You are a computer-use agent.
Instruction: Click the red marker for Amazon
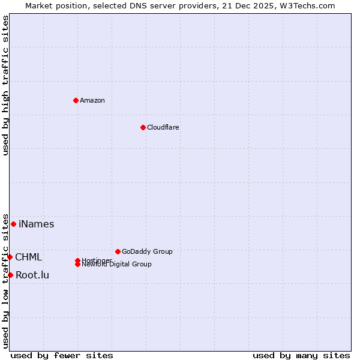pos(76,100)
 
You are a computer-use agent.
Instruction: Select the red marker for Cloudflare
pos(143,127)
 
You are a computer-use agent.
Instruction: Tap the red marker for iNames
pos(13,224)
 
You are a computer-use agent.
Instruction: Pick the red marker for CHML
pos(10,257)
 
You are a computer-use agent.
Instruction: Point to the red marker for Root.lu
pos(10,275)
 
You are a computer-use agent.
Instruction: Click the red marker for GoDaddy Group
pos(118,251)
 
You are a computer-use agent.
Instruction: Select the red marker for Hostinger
pos(77,260)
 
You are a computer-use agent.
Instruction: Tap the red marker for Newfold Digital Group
pos(77,264)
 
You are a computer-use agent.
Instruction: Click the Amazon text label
pos(92,100)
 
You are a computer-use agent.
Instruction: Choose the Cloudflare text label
pos(163,127)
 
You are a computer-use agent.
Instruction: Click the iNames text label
pos(37,224)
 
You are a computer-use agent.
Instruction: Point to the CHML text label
pos(29,257)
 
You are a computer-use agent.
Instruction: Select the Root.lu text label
pos(32,275)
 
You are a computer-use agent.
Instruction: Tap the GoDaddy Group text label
pos(147,251)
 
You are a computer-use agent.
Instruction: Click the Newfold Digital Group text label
pos(117,265)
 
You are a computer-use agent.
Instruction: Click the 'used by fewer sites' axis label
pos(62,355)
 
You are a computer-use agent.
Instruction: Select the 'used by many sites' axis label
pos(301,355)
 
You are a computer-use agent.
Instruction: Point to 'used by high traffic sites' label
pos(5,85)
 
